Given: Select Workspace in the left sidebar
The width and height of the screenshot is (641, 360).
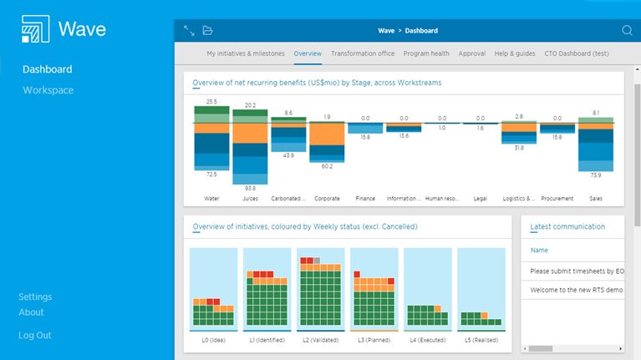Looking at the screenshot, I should (48, 90).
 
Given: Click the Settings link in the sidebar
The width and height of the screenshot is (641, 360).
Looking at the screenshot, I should (35, 297).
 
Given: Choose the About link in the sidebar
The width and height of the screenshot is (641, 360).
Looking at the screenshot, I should (31, 312).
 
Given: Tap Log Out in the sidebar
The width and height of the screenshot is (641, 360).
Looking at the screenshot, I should (35, 335).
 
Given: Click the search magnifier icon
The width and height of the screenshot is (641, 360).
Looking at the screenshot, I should (627, 31).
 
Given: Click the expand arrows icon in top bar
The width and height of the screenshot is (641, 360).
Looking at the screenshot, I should (189, 31).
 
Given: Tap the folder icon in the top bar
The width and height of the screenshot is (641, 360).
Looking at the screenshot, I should (208, 31).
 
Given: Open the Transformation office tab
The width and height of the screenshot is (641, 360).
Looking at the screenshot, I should (362, 53).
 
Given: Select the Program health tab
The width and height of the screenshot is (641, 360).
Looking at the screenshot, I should (426, 53).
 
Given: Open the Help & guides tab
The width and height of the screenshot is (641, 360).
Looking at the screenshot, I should (515, 53).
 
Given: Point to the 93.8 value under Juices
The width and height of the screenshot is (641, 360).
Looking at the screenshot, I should (250, 188).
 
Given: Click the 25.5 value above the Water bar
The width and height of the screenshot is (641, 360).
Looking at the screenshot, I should (211, 102).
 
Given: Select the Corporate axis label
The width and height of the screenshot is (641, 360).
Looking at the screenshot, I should (327, 199).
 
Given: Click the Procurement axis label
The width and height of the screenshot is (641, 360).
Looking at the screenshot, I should (557, 199).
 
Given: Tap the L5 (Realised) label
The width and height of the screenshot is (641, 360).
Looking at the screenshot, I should (481, 341).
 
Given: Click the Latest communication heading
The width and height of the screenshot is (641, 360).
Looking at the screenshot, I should (567, 226).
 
